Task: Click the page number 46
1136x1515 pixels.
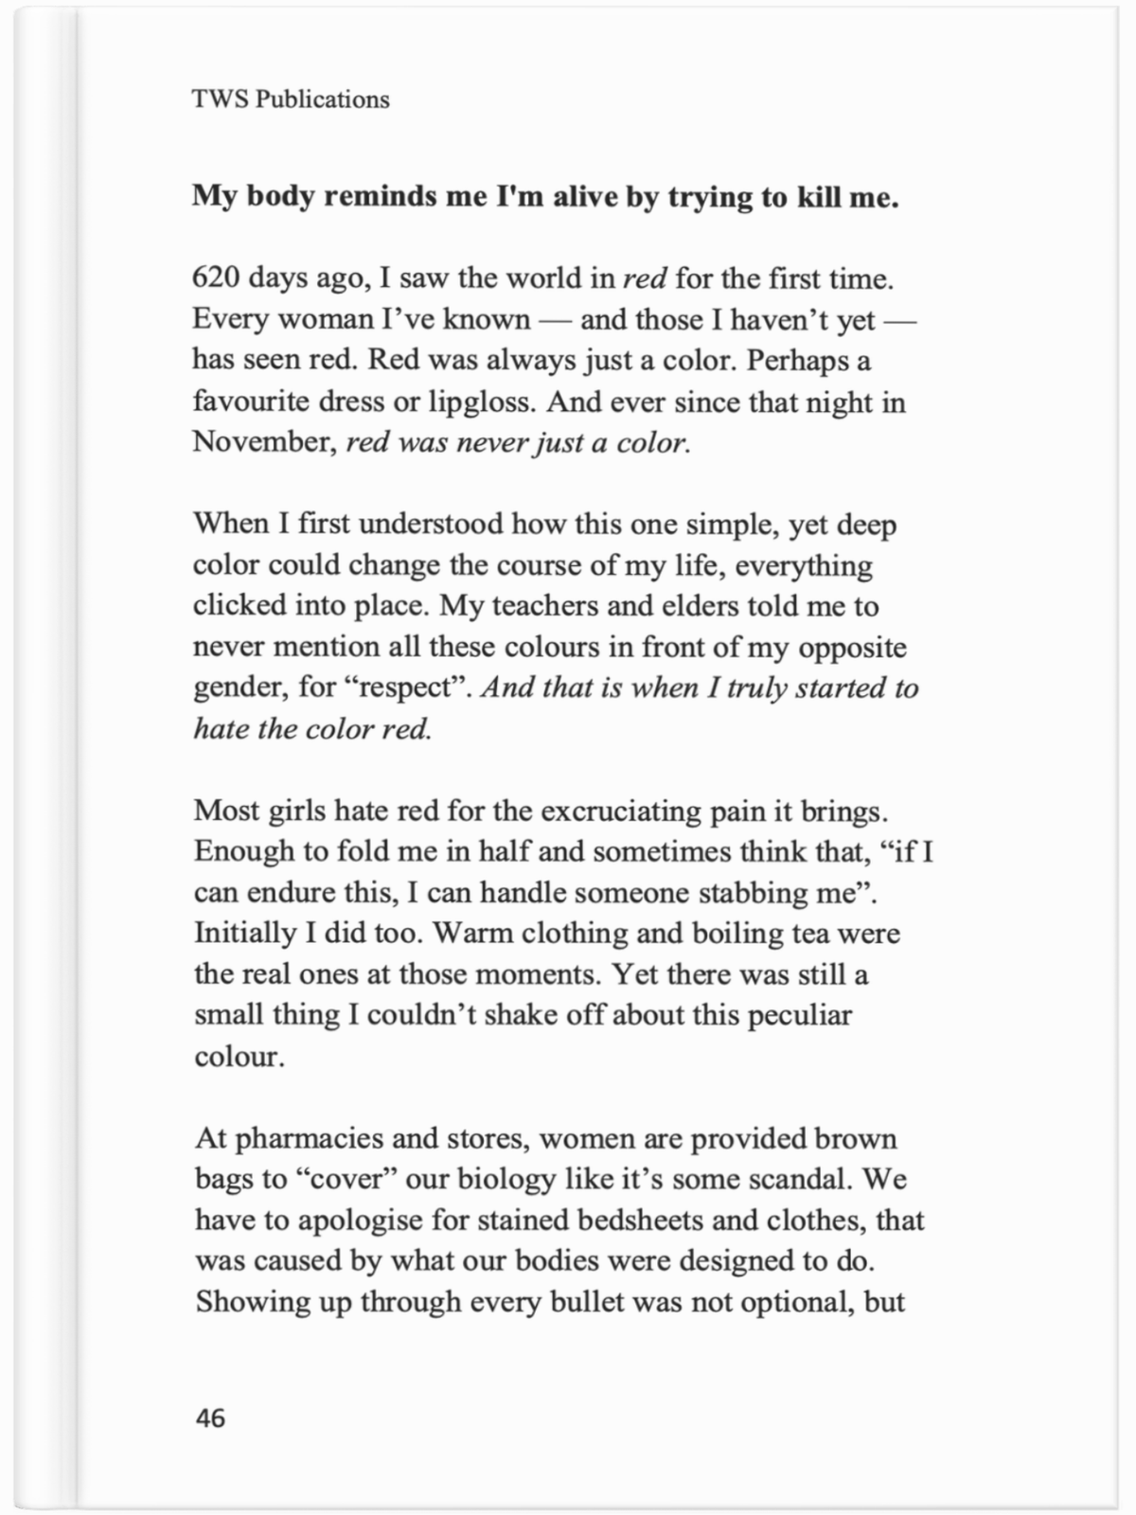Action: click(x=210, y=1417)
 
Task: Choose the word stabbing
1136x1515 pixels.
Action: click(x=758, y=893)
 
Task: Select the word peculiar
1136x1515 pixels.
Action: click(x=800, y=1016)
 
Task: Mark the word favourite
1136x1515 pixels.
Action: click(x=251, y=401)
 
